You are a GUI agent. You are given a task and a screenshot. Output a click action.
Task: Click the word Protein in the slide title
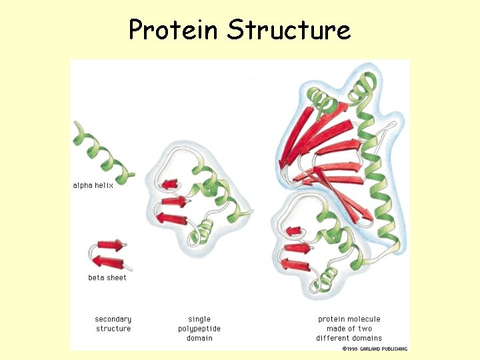[173, 30]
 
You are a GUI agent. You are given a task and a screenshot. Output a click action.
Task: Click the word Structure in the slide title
[288, 30]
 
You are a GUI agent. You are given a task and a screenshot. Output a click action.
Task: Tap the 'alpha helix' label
[93, 185]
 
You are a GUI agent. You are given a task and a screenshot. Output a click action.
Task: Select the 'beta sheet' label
[107, 277]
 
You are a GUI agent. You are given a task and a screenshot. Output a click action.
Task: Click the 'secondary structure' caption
[113, 324]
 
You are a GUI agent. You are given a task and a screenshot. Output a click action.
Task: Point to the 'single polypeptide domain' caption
[199, 329]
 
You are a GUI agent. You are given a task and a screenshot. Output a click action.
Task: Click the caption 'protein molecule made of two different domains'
[349, 329]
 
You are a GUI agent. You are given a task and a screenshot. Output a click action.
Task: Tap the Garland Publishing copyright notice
[374, 348]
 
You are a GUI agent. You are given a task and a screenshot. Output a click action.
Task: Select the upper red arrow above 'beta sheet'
[110, 245]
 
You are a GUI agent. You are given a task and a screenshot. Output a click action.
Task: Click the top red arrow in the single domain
[169, 183]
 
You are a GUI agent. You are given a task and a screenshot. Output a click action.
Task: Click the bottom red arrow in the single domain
[171, 217]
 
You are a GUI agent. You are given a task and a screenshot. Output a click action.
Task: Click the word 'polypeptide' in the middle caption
[199, 329]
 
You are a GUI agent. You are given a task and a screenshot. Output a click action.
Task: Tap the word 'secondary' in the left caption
[113, 319]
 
